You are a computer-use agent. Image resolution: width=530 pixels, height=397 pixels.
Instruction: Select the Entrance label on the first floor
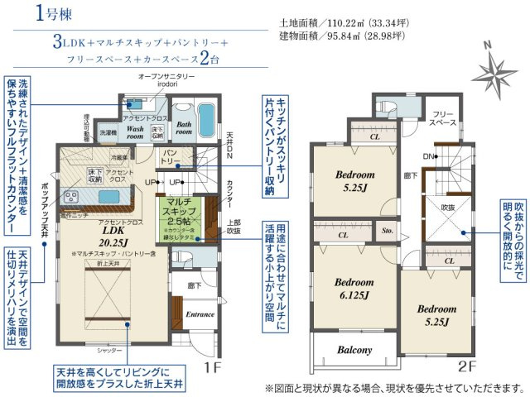click(200, 314)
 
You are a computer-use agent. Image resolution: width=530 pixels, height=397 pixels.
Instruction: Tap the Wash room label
click(137, 134)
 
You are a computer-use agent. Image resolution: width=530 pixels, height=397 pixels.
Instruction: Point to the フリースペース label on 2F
click(445, 117)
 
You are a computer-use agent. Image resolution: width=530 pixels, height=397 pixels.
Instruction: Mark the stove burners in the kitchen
click(69, 197)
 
